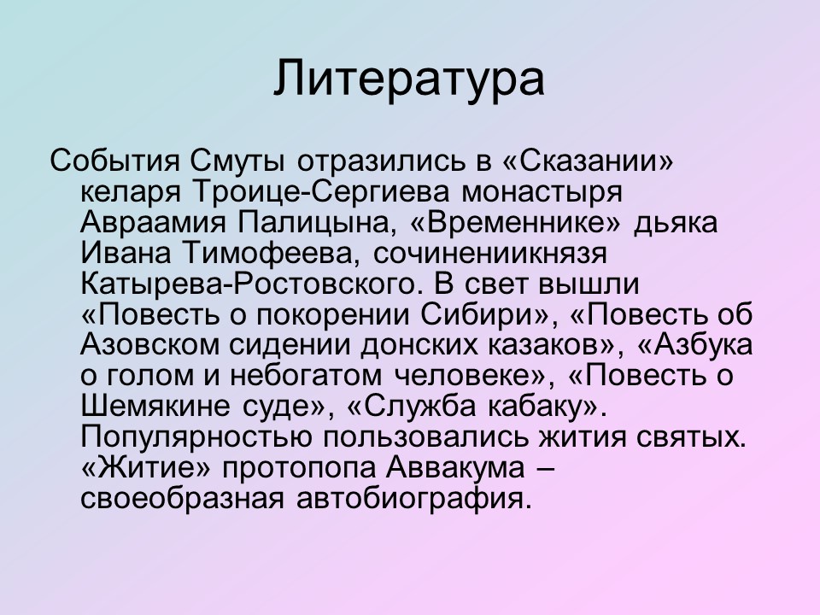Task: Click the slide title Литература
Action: click(409, 79)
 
